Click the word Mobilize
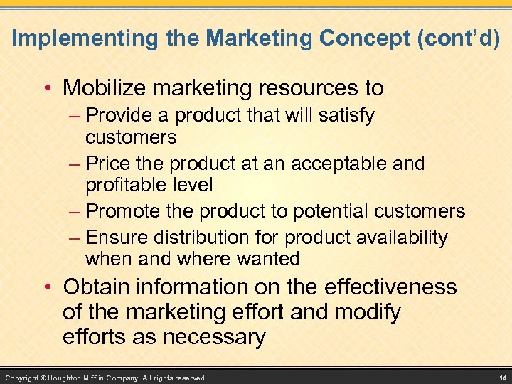102,87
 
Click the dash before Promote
76,212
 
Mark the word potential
338,211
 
